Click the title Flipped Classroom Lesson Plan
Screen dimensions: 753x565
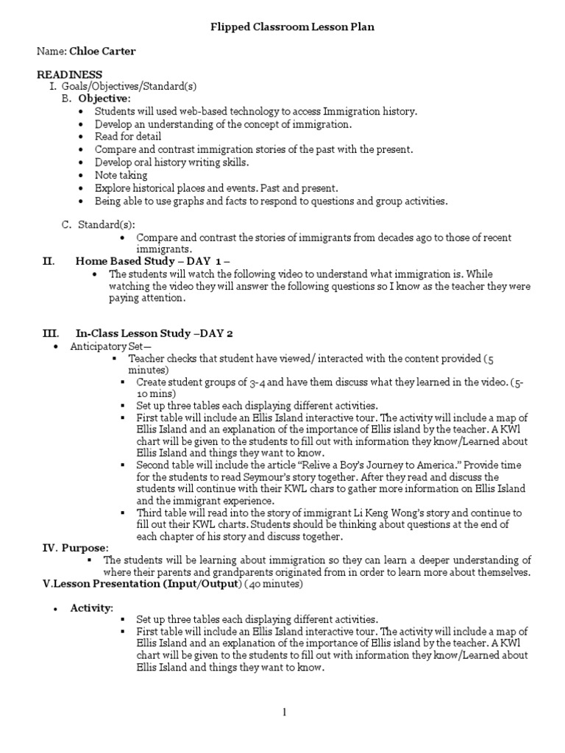[x=282, y=26]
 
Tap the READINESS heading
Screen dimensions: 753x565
[x=70, y=74]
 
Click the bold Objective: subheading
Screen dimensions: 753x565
[x=104, y=99]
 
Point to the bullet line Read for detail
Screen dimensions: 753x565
[x=128, y=137]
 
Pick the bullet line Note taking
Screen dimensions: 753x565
[x=121, y=175]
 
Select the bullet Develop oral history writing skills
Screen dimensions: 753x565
[x=171, y=163]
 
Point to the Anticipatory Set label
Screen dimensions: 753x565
[x=110, y=346]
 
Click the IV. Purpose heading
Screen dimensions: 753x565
[x=75, y=548]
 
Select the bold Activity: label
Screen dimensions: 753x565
[x=92, y=607]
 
